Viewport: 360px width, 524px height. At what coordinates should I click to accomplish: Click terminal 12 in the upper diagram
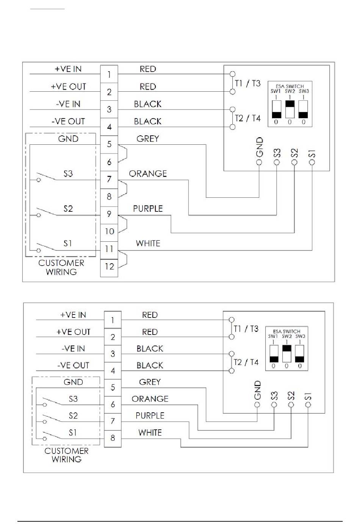coord(109,268)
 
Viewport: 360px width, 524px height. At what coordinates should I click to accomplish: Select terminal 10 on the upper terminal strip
coord(109,233)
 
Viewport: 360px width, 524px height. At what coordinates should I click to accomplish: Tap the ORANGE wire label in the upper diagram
coord(148,174)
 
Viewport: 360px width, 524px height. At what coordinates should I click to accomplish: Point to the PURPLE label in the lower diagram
coord(150,416)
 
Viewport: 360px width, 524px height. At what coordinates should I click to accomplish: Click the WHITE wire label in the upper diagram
coord(148,243)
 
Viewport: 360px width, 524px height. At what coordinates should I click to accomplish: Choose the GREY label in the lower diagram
coord(150,382)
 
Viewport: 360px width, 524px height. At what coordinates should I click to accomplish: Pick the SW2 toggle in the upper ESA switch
coord(290,109)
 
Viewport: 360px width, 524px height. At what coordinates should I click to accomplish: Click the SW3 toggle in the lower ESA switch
coord(300,354)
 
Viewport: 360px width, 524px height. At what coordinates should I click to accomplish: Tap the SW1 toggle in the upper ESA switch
coord(276,109)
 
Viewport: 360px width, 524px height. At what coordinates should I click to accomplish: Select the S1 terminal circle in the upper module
coord(312,162)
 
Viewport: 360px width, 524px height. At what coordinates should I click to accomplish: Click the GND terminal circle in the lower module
coord(257,405)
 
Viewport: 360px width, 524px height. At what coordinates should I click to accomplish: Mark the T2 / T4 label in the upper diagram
coord(248,118)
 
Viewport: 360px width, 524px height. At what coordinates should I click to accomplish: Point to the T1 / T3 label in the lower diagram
coord(246,328)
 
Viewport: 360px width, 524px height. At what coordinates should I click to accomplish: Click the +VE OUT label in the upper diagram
coord(69,86)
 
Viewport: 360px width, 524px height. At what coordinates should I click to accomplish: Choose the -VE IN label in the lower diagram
coord(73,349)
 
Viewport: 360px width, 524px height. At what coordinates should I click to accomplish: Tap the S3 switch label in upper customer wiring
coord(68,174)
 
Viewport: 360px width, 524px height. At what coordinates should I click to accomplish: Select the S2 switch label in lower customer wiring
coord(73,416)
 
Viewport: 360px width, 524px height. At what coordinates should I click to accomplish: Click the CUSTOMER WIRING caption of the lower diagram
coord(66,455)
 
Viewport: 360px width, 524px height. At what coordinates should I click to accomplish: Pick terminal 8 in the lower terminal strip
coord(113,438)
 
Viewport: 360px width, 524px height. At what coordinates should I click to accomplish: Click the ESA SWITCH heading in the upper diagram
coord(290,86)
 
